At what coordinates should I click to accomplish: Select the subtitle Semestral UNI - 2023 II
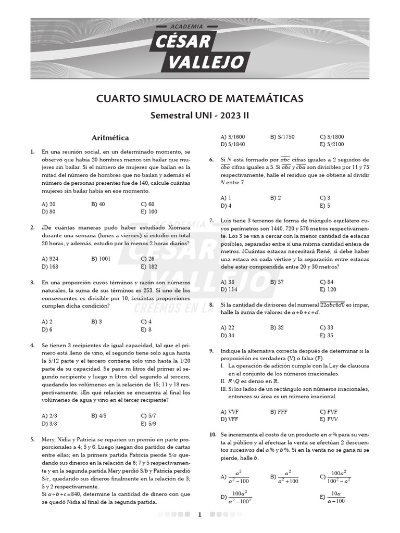(199, 116)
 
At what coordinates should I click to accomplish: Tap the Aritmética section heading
(110, 138)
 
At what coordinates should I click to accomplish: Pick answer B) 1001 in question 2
(101, 258)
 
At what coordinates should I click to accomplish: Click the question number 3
(32, 283)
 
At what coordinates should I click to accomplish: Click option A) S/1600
(233, 137)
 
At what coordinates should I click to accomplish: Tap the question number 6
(211, 160)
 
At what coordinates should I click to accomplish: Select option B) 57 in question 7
(277, 282)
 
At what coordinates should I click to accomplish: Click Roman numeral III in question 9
(224, 389)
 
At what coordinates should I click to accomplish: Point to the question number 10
(213, 434)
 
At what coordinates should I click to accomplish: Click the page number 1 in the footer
(199, 515)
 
